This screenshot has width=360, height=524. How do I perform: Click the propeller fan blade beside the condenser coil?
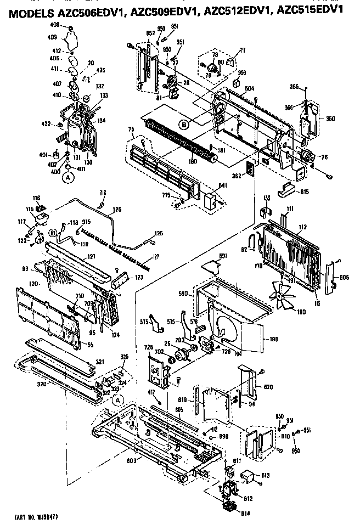pyautogui.click(x=284, y=296)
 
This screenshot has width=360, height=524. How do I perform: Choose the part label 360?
pyautogui.click(x=330, y=118)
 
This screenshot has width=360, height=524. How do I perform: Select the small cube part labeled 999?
pyautogui.click(x=236, y=83)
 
